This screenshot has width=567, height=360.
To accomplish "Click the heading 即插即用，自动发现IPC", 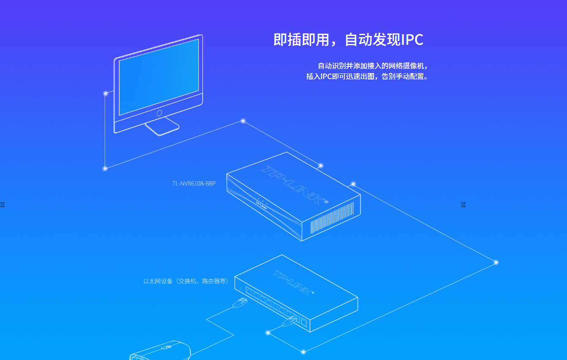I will [x=348, y=40].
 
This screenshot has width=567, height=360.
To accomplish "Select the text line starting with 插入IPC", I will [x=367, y=77].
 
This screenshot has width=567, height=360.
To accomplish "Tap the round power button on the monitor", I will [x=159, y=113].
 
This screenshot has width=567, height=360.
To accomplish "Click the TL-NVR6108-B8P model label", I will [x=194, y=183].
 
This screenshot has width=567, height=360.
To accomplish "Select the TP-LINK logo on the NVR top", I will [x=294, y=185].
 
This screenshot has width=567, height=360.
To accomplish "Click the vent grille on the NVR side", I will [x=332, y=218].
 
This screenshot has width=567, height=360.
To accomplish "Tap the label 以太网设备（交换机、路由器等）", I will [x=186, y=281].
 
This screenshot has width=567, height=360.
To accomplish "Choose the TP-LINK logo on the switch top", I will [x=294, y=282].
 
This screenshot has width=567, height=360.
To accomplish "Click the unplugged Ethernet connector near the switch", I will [x=240, y=303].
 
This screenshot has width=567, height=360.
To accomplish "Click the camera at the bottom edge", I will [x=161, y=350].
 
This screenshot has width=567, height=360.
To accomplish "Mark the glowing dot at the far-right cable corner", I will [x=496, y=262].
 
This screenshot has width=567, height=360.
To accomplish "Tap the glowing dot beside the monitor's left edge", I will [x=106, y=93].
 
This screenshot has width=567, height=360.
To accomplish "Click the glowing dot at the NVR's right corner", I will [x=353, y=184].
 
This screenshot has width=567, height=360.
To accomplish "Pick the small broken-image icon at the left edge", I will [x=2, y=205].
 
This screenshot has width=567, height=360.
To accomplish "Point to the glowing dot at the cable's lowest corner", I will [x=303, y=352].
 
